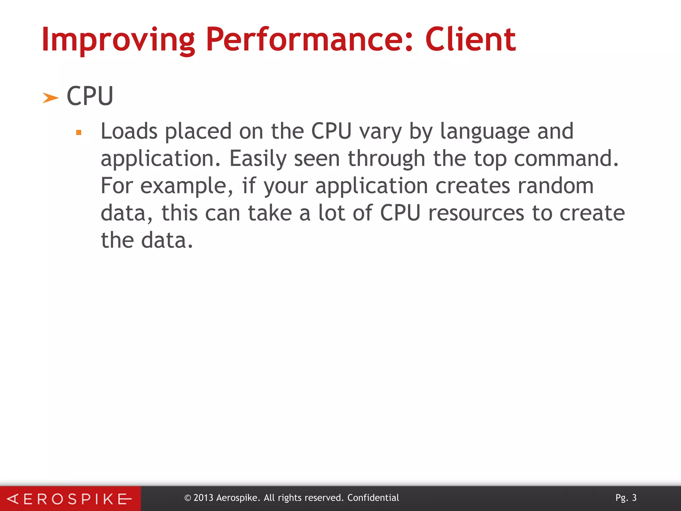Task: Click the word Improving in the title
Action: click(118, 40)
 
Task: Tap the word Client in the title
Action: click(470, 40)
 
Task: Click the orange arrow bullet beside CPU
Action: click(51, 98)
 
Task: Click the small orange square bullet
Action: click(79, 133)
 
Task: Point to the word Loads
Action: click(129, 131)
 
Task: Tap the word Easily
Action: click(258, 159)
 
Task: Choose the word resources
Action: click(476, 213)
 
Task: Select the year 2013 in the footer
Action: click(203, 498)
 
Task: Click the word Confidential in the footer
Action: click(373, 498)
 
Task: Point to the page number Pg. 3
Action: click(626, 498)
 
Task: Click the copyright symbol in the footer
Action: click(188, 498)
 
